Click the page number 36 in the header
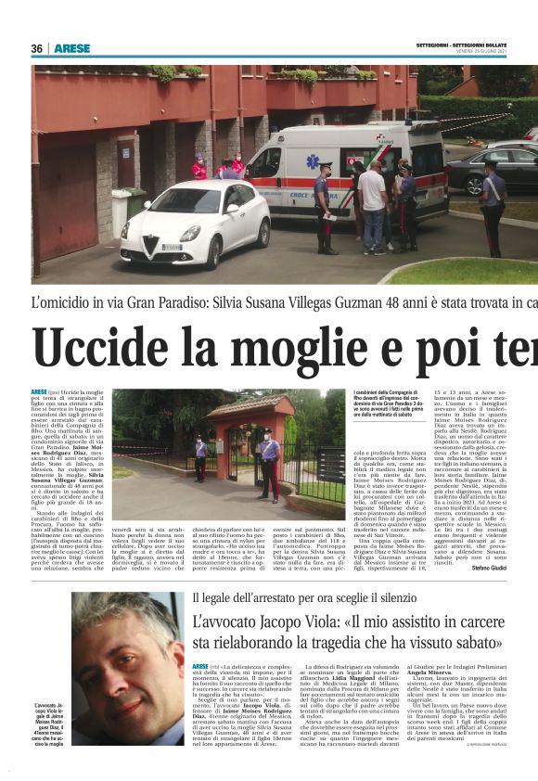[37, 48]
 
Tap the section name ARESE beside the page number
[71, 48]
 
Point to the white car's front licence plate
[172, 248]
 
